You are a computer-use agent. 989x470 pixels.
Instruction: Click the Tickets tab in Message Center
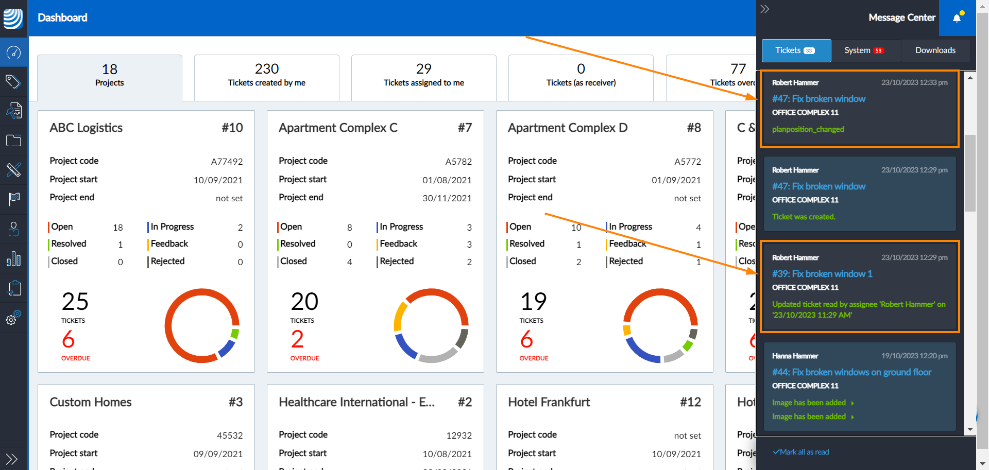796,50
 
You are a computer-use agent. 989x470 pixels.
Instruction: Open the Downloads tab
935,50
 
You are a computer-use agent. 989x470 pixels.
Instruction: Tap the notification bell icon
957,18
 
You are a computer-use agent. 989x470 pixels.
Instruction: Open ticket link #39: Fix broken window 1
822,274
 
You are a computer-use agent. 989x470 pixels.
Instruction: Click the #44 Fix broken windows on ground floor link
851,372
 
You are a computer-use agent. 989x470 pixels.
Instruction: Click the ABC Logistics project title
86,128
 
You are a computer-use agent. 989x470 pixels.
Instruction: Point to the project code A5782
458,162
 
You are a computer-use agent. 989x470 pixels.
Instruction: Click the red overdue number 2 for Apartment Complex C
297,339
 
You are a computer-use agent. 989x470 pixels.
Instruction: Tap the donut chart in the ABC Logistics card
202,325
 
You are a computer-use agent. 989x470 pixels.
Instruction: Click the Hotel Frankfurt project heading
549,402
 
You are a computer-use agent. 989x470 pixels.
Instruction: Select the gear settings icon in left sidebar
13,318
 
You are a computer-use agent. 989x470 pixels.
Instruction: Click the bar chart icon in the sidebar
13,259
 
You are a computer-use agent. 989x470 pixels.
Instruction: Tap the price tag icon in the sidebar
13,81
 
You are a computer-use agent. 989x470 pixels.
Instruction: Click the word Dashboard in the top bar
62,18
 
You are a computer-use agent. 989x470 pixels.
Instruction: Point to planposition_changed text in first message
808,129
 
